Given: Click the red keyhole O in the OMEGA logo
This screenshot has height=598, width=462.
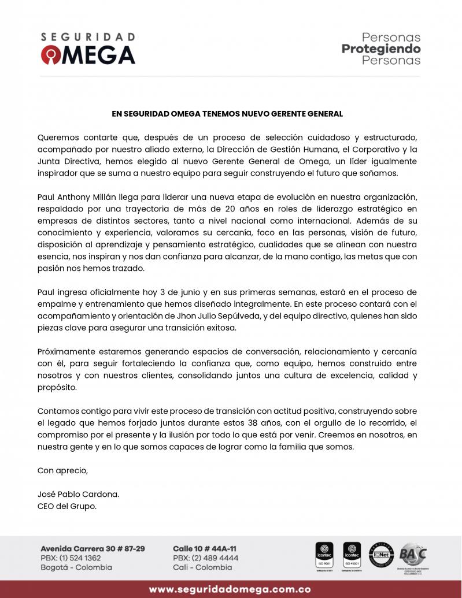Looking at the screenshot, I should pos(50,55).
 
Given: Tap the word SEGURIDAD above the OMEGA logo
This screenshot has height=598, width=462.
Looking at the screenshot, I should pos(88,37).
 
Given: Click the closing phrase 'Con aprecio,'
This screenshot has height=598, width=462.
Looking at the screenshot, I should pos(62,470).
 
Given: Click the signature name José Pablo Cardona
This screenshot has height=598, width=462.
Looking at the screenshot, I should pos(78,495).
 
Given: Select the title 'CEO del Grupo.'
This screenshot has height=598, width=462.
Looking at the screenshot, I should pos(67,506).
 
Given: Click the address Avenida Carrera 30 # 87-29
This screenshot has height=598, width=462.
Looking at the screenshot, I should pos(93,548).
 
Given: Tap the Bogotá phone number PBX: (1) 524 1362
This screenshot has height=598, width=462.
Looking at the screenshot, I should pos(71,558).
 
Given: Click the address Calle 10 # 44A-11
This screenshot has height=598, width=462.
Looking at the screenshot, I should pos(205,548).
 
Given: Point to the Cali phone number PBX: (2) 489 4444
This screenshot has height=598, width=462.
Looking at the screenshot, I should pos(205,558).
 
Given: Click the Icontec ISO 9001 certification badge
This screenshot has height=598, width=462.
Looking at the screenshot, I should pos(324,555).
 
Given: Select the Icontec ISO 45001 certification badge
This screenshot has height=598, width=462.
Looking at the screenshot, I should pos(352,555).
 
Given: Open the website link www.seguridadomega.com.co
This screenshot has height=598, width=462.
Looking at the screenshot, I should pos(230,589).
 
